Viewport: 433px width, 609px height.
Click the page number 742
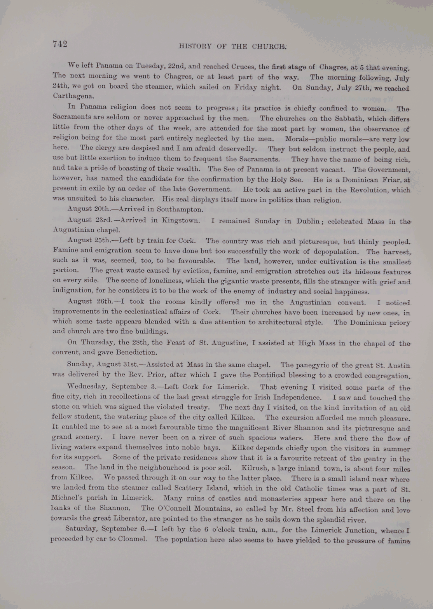pos(60,44)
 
